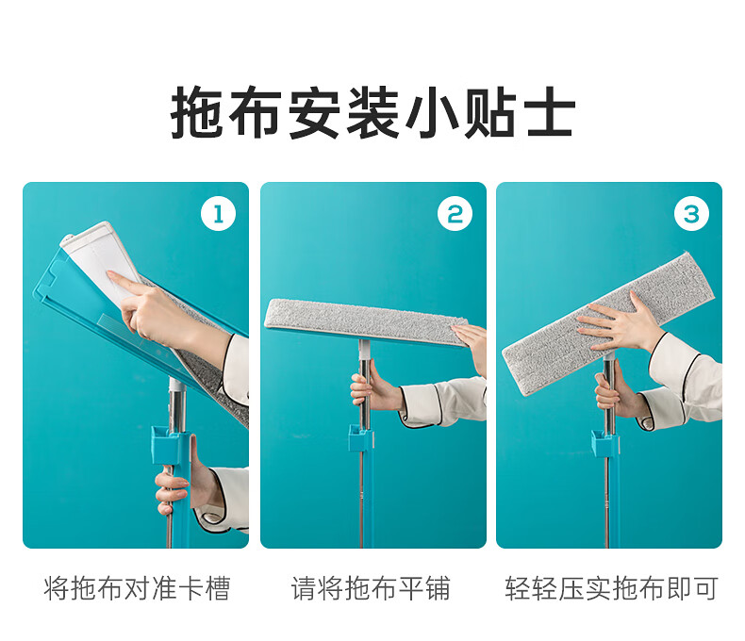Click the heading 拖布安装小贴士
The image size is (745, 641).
(373, 112)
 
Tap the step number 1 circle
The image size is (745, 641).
(218, 214)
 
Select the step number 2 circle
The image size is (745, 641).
(455, 214)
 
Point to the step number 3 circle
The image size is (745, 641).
(691, 214)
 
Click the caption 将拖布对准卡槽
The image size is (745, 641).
(137, 589)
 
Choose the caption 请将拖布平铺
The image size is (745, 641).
(371, 589)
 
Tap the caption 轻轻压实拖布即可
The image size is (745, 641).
(611, 589)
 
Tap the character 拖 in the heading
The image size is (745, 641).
(196, 112)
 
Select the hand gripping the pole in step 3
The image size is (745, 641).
(613, 392)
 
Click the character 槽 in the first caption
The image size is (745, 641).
(218, 589)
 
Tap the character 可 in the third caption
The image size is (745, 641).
(704, 589)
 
